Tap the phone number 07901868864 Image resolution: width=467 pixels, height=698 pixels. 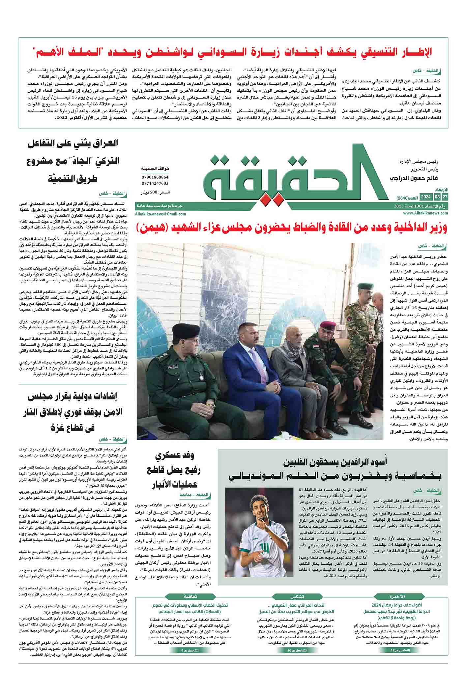[x=155, y=177]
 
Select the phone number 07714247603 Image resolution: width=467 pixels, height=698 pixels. [x=155, y=183]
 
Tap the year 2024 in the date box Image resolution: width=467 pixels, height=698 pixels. [x=426, y=197]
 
